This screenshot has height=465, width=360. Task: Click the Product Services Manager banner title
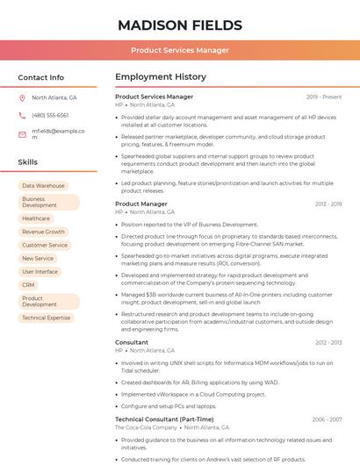tap(180, 50)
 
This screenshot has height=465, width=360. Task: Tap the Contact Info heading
tap(41, 77)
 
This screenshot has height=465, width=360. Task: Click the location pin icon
tap(22, 98)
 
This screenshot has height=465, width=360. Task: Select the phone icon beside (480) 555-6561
tap(22, 115)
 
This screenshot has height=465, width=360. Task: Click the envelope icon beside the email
tap(22, 133)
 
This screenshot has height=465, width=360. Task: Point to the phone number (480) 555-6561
tap(50, 115)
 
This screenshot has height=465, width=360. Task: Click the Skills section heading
tap(28, 162)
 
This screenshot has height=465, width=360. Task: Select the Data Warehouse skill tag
tap(43, 186)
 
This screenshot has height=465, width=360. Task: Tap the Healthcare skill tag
tap(36, 218)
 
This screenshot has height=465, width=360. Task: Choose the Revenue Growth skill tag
tap(44, 232)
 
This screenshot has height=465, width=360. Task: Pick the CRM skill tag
tap(29, 285)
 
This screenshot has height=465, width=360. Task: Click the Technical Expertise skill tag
tap(47, 318)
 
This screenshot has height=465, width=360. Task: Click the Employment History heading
tap(161, 77)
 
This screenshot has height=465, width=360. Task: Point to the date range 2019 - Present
tap(324, 97)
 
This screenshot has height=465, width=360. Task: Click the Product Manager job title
tap(141, 204)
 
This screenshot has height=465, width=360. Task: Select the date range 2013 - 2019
tap(328, 204)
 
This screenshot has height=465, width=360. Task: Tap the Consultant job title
tap(132, 342)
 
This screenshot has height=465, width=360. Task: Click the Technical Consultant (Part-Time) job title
tap(164, 419)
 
